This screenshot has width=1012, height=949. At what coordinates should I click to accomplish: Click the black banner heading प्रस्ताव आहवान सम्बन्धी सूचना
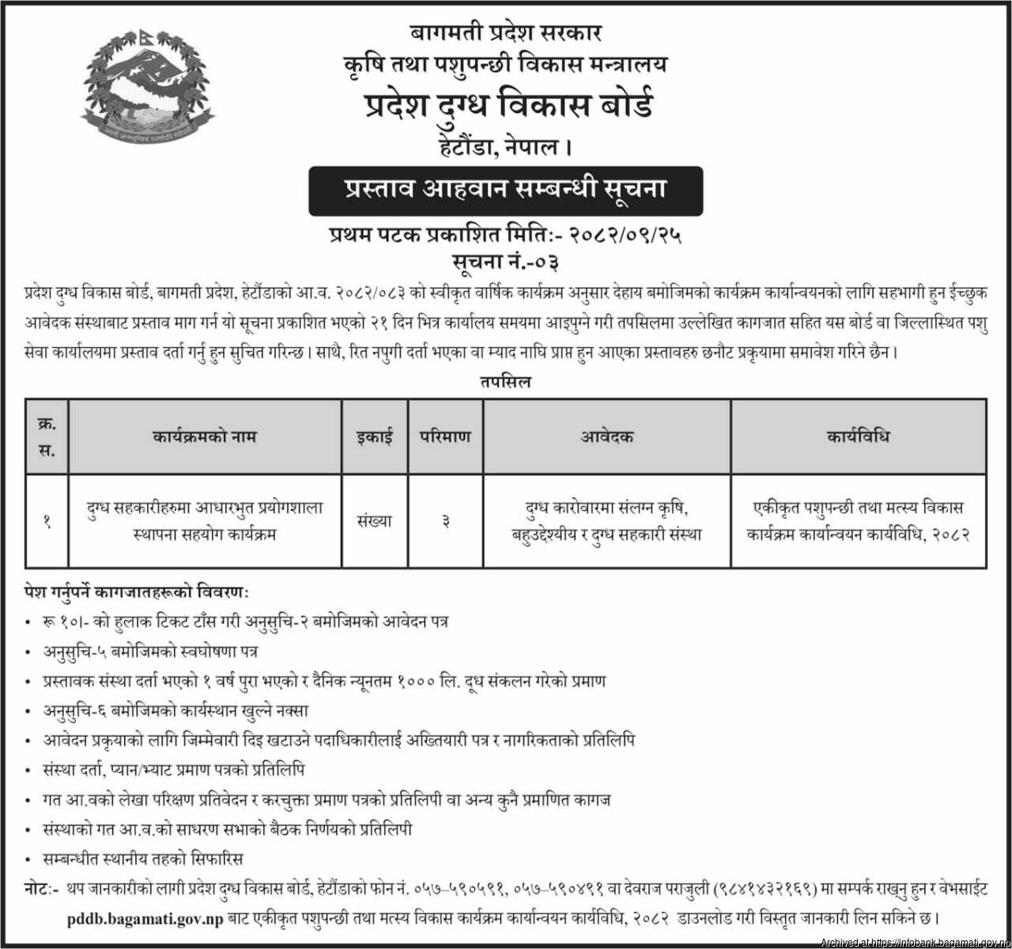505,191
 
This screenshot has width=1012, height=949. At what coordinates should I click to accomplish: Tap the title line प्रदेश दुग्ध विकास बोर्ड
506,106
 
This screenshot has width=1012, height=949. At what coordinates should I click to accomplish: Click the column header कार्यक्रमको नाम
205,437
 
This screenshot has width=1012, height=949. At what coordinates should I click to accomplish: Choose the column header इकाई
374,437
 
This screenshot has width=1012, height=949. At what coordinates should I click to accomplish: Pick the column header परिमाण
445,437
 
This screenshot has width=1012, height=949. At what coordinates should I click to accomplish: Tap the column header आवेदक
607,437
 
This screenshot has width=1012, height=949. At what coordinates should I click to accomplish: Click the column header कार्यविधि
858,437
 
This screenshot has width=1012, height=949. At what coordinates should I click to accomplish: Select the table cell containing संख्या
374,521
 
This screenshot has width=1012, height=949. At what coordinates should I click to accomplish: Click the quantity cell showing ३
445,521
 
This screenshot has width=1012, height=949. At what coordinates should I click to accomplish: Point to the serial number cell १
47,521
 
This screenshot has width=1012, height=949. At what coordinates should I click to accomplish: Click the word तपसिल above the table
504,382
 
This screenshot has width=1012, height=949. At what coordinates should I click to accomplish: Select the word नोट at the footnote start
40,890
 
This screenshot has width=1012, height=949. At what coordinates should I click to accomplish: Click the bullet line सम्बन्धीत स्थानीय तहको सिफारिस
143,859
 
